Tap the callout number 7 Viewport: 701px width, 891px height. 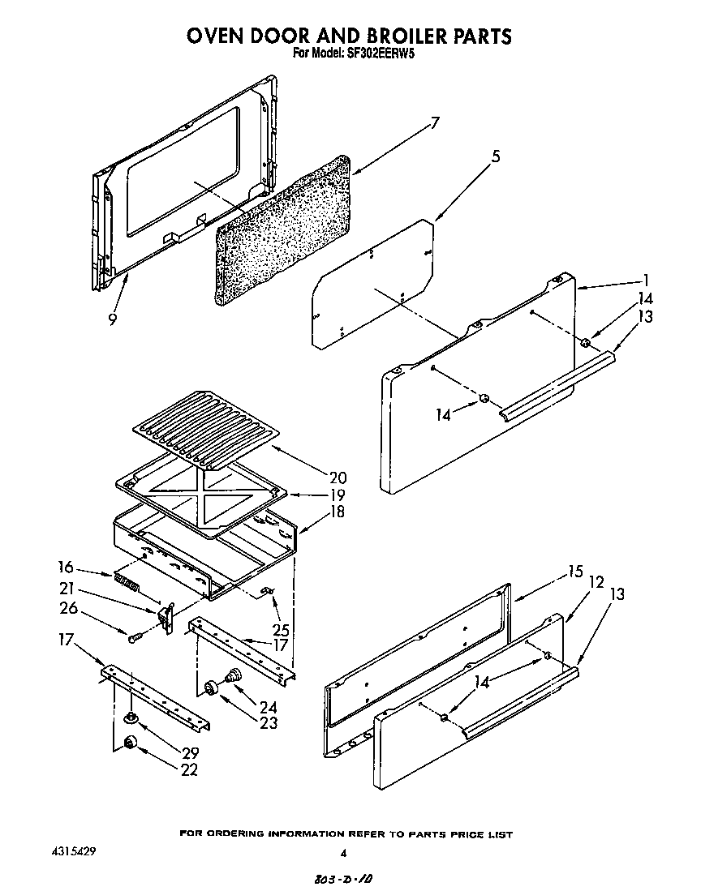(435, 123)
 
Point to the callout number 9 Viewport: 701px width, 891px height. (110, 319)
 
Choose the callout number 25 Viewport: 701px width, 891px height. (282, 628)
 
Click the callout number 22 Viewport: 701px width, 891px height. (189, 770)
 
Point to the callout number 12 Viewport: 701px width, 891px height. (596, 582)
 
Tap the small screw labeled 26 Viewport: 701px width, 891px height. (134, 638)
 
